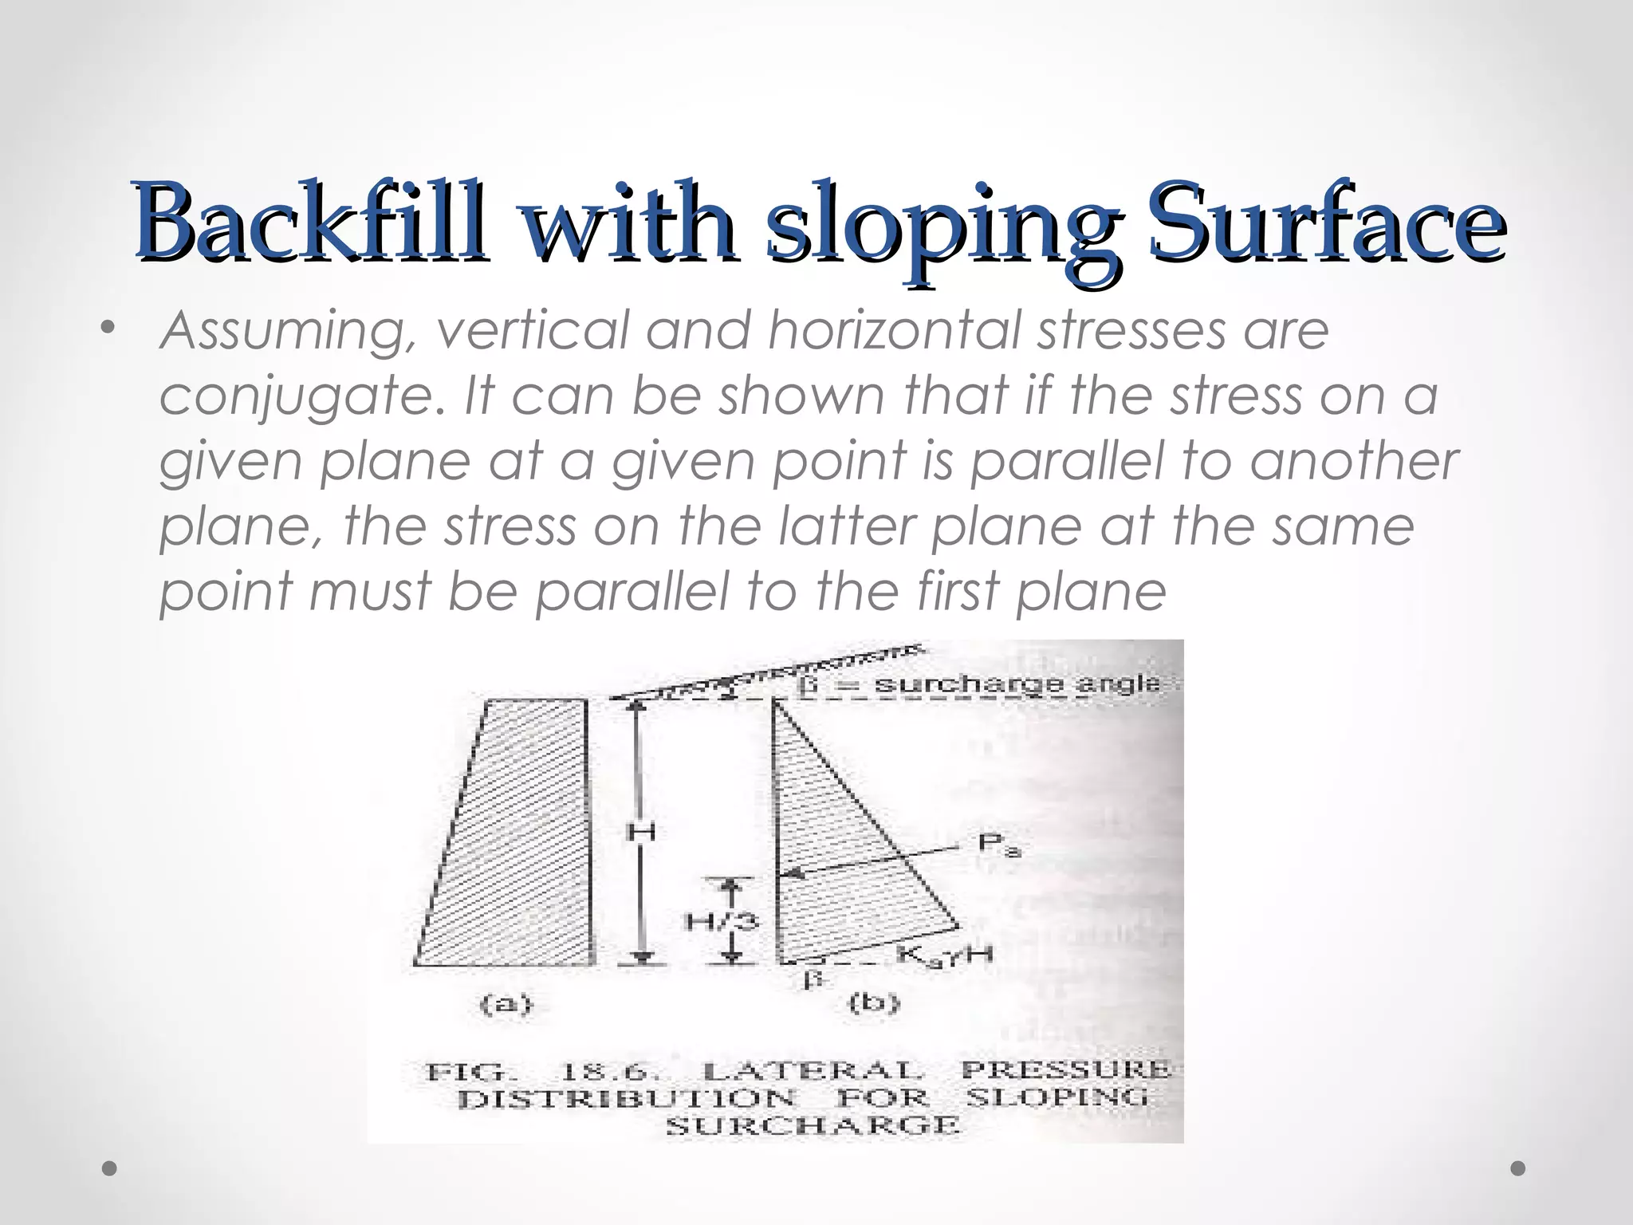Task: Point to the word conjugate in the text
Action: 301,397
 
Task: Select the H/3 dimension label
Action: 722,923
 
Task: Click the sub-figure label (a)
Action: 506,1003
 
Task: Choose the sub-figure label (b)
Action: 874,1002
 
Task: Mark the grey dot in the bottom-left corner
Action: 110,1168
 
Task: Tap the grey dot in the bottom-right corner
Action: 1518,1168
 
